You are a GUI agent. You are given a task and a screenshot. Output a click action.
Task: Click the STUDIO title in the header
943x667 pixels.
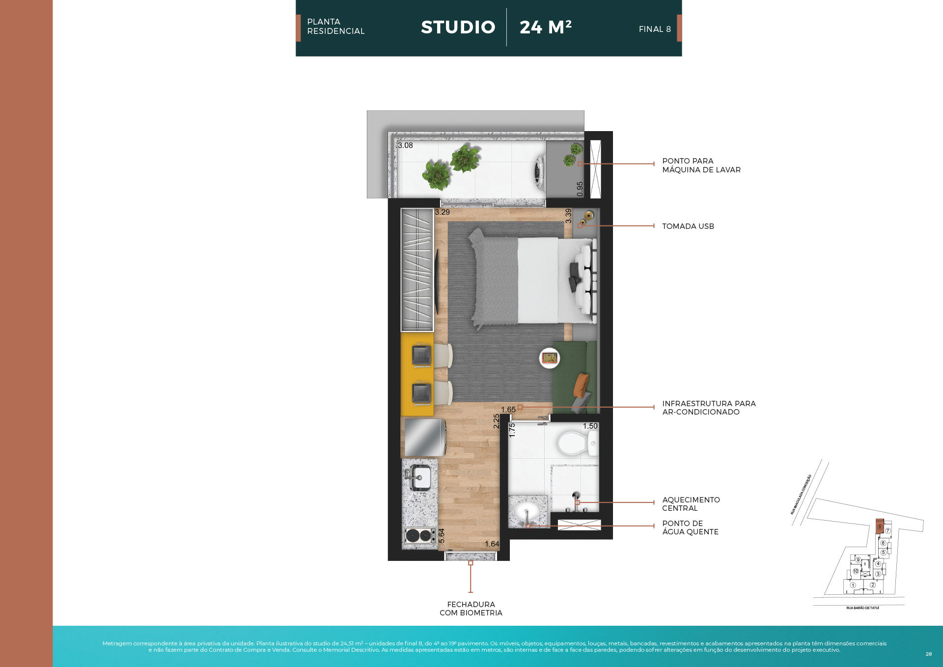click(x=458, y=28)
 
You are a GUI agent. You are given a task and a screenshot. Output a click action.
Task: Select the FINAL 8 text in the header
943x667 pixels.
click(x=654, y=29)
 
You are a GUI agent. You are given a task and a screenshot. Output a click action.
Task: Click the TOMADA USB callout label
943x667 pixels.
click(x=688, y=226)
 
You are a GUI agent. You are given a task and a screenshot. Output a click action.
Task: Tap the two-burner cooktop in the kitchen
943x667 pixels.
click(x=419, y=535)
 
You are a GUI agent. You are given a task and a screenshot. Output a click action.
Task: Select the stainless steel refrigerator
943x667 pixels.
click(x=423, y=437)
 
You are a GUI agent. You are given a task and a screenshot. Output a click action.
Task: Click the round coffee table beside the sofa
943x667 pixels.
click(x=550, y=358)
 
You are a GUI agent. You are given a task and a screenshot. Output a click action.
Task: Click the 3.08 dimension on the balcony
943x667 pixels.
click(x=405, y=145)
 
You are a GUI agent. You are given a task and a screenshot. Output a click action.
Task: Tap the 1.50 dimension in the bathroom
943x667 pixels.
click(x=590, y=426)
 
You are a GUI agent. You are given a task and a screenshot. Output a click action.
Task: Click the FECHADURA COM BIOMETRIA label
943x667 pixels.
click(x=471, y=609)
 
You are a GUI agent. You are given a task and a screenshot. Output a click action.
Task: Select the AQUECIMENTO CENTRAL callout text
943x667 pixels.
click(x=691, y=504)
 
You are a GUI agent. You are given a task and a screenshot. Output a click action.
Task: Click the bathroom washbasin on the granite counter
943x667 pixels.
click(x=527, y=512)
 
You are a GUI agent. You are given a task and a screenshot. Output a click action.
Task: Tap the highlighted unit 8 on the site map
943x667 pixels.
click(x=880, y=527)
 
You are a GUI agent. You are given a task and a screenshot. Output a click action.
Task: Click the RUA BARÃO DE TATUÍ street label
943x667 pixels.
click(x=862, y=608)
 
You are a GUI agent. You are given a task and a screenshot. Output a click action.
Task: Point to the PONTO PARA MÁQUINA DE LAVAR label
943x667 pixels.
click(x=701, y=166)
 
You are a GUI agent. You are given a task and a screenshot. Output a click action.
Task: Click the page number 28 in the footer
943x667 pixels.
click(x=928, y=654)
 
